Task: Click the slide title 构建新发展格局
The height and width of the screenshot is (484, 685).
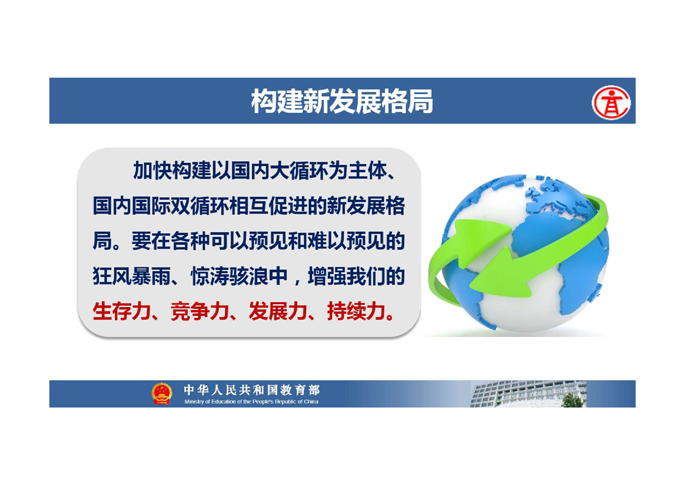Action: click(342, 101)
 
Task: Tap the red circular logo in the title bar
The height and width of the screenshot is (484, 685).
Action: click(611, 103)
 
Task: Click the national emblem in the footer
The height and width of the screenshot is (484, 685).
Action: click(162, 394)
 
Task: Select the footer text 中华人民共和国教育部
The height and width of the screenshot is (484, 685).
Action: click(252, 389)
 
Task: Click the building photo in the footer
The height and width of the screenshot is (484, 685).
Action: click(528, 394)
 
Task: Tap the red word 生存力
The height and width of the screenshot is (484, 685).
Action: click(121, 311)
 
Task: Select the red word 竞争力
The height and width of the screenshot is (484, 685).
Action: click(200, 311)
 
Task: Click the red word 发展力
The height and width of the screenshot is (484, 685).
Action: click(278, 311)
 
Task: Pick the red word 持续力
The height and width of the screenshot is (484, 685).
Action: click(356, 311)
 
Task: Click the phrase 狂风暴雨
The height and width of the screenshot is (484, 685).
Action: click(131, 276)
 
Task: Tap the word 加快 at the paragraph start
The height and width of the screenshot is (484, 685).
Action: click(153, 171)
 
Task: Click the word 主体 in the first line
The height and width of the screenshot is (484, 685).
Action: click(368, 171)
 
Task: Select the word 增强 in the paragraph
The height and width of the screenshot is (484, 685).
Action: click(327, 276)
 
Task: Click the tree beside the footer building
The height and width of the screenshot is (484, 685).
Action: click(572, 400)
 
